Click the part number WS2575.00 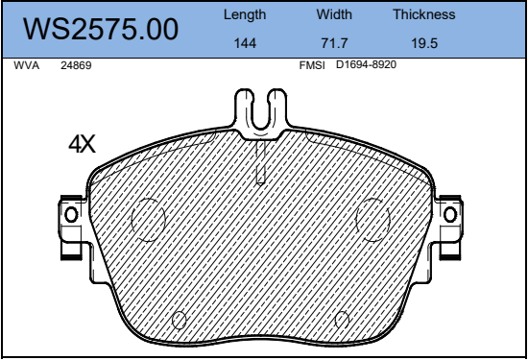[x=101, y=30]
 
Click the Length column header [x=245, y=14]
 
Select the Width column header [x=334, y=14]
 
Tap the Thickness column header [x=424, y=14]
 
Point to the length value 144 [x=245, y=43]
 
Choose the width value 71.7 [x=334, y=43]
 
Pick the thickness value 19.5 [x=424, y=43]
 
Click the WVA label [x=27, y=65]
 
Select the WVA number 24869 [x=76, y=65]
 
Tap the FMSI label [x=312, y=65]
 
